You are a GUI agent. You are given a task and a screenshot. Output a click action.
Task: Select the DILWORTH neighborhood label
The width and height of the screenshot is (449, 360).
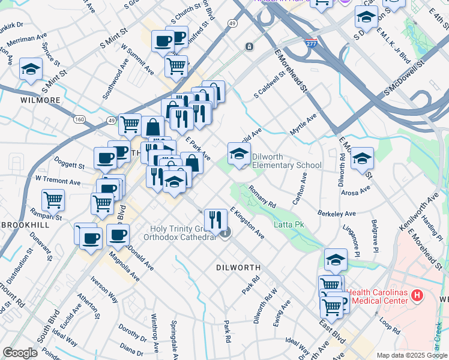(238, 268)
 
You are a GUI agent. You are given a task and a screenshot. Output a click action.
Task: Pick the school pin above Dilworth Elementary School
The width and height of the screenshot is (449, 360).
(239, 155)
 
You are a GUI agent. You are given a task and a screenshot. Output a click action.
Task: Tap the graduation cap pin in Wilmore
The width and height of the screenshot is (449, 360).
(31, 70)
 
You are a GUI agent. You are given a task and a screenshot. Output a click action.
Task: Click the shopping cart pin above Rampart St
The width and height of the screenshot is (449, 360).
(53, 201)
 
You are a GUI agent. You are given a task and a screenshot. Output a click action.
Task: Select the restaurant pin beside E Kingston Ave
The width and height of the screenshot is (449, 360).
(215, 220)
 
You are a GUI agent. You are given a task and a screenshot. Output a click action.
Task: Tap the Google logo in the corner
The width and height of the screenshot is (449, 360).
(20, 353)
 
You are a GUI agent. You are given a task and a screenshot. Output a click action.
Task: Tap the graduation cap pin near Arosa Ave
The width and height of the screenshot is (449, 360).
(362, 160)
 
